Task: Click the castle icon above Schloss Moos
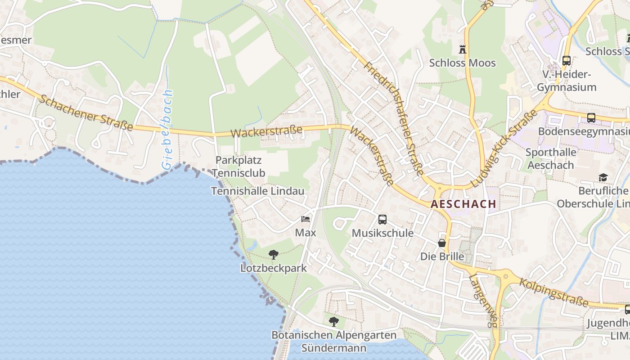[462, 49]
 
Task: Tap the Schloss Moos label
[462, 63]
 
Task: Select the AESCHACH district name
[463, 204]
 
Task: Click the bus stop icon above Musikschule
[382, 220]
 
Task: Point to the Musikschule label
[382, 233]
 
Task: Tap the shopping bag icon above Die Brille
[442, 243]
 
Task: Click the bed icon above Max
[306, 220]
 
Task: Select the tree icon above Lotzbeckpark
[273, 255]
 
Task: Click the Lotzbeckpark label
[273, 268]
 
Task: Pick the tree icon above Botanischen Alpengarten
[333, 322]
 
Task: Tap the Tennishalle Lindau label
[258, 191]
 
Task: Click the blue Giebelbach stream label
[167, 129]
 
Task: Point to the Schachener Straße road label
[85, 113]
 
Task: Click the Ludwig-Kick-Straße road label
[504, 148]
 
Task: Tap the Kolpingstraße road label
[554, 292]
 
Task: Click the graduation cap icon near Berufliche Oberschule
[603, 178]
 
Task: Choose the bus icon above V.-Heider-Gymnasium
[567, 60]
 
